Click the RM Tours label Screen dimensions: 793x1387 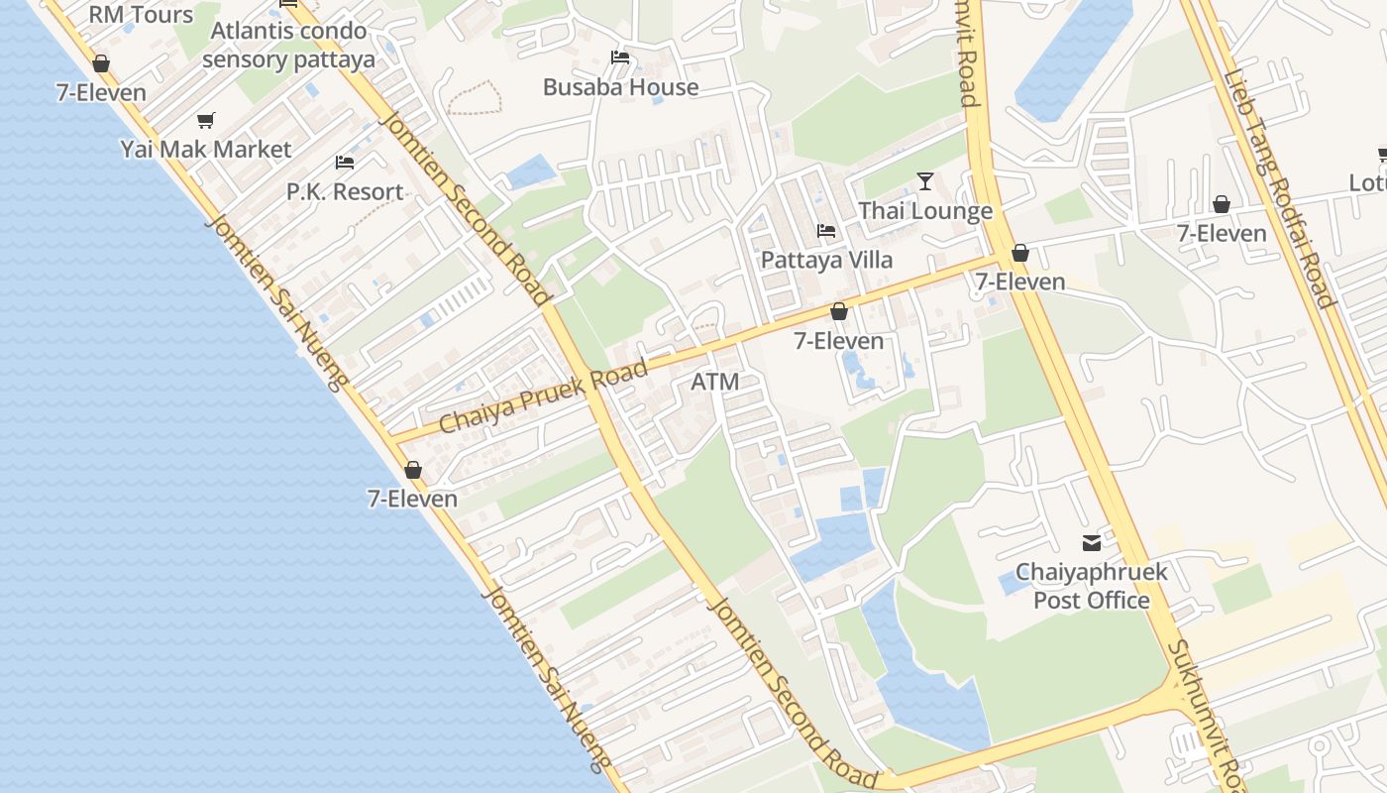tap(141, 14)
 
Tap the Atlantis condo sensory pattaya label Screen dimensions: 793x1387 tap(288, 45)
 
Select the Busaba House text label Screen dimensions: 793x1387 tap(620, 87)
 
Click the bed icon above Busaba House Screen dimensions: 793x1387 tap(620, 57)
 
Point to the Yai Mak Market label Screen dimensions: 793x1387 tap(206, 150)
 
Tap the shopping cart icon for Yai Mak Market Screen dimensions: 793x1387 tap(206, 121)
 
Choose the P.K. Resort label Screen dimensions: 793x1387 tap(345, 191)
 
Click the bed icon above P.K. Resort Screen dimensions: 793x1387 tap(345, 162)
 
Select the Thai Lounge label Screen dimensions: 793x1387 tap(925, 211)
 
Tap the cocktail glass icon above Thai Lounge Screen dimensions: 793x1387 tap(925, 181)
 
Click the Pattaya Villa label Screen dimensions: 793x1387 tap(826, 260)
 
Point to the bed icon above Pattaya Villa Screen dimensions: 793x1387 tap(826, 231)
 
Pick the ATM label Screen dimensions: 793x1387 tap(715, 382)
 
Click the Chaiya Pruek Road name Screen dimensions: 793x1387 tap(544, 396)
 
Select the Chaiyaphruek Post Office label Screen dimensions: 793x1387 tap(1092, 586)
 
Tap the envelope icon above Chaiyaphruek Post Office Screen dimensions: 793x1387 tap(1092, 543)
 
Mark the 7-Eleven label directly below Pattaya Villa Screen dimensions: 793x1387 tap(839, 341)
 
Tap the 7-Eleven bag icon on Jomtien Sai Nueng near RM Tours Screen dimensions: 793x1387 tap(101, 64)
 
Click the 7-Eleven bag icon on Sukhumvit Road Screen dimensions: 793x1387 tap(1020, 254)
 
